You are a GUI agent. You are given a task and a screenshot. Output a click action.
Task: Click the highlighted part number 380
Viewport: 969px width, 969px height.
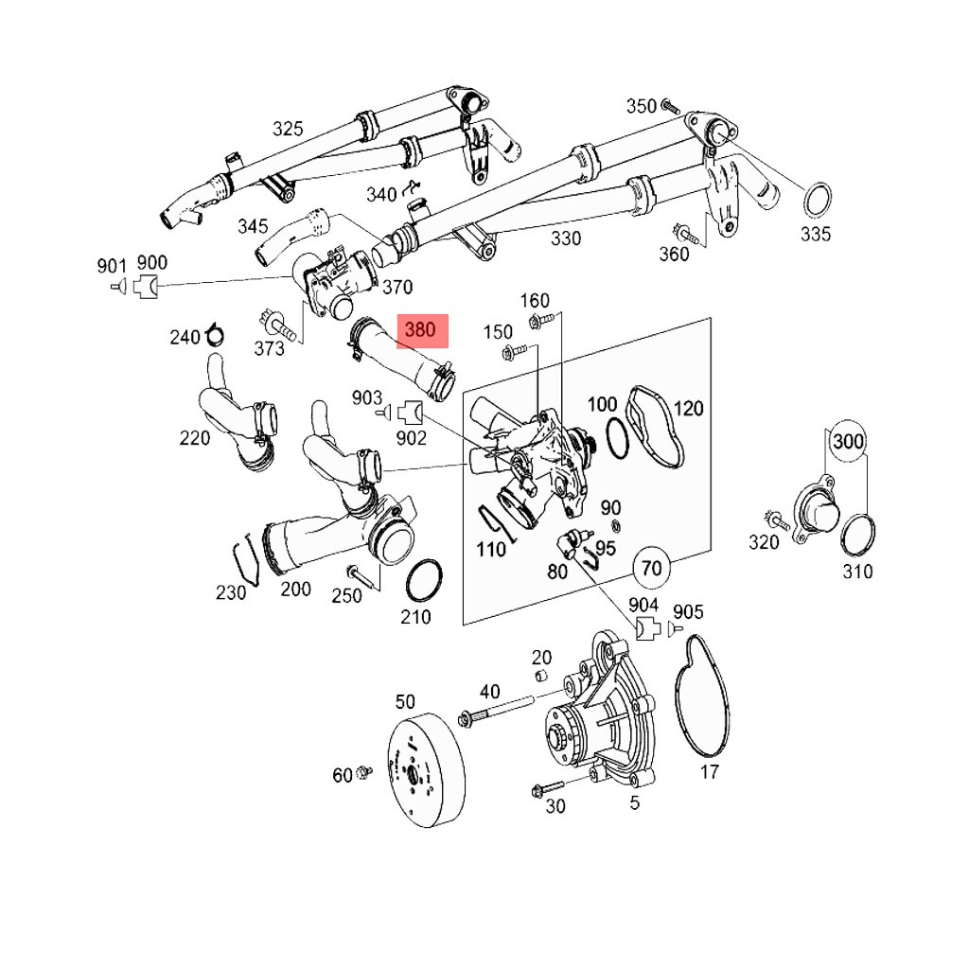(421, 330)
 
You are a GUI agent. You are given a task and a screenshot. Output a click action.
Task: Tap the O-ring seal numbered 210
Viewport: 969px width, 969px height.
(424, 581)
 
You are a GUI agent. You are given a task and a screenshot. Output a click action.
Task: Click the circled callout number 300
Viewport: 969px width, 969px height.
(848, 441)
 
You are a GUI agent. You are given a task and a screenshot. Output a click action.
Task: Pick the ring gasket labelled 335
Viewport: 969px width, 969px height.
(817, 201)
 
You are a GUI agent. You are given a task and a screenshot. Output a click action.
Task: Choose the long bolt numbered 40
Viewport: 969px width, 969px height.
(496, 711)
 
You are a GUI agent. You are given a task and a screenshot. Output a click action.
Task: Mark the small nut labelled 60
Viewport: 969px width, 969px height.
(364, 772)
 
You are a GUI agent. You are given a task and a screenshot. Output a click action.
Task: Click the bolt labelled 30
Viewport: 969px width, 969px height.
(548, 788)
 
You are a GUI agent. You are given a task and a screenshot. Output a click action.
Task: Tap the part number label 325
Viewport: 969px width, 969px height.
(288, 129)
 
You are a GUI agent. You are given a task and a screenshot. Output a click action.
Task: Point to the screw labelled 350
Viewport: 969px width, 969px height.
(671, 106)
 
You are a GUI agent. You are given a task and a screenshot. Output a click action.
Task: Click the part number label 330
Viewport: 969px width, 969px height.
(566, 238)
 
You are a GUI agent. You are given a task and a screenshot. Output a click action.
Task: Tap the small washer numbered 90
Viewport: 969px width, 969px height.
(616, 526)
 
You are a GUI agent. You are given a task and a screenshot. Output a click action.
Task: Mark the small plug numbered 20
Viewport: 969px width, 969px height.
(541, 674)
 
